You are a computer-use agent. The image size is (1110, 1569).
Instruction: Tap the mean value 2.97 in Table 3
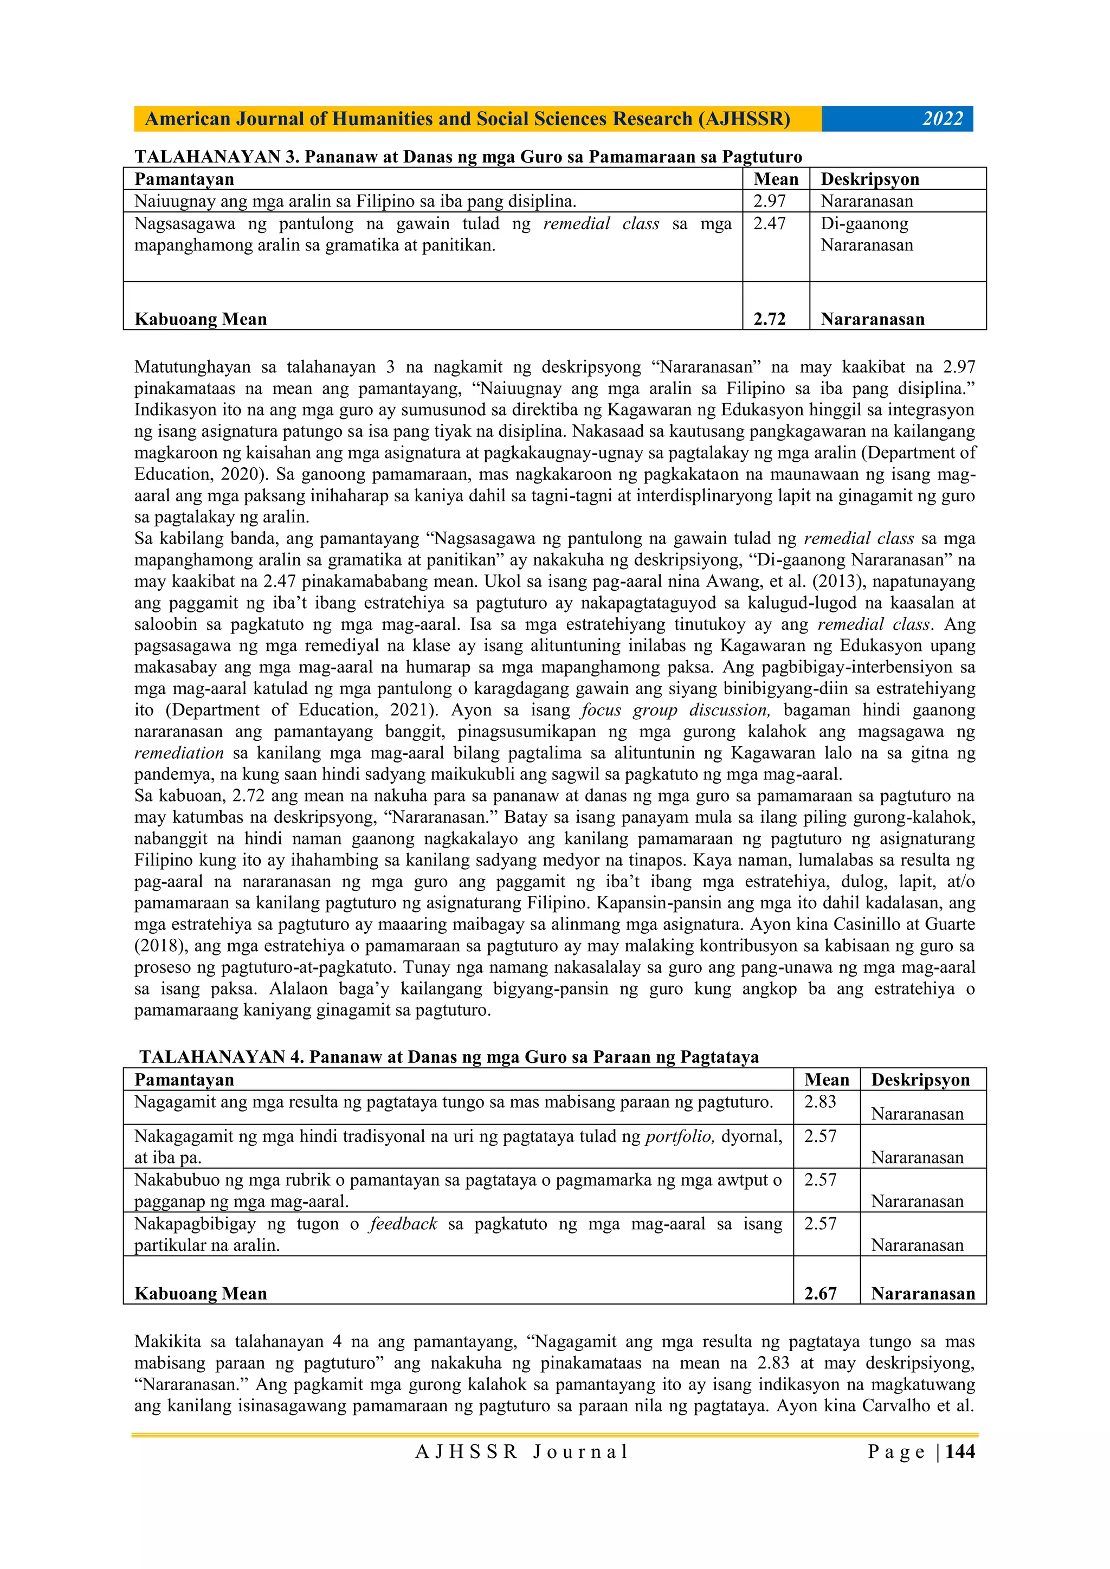pyautogui.click(x=770, y=202)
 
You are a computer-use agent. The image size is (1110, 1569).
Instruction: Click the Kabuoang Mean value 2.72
pyautogui.click(x=770, y=319)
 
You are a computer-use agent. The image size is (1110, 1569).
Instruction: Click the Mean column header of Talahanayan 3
pyautogui.click(x=776, y=179)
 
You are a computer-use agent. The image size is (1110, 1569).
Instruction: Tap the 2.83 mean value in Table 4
pyautogui.click(x=820, y=1102)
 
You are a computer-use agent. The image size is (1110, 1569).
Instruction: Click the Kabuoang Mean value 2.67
pyautogui.click(x=820, y=1294)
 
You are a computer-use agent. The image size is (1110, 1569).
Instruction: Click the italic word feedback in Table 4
pyautogui.click(x=403, y=1224)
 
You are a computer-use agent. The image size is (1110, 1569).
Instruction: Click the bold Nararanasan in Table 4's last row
pyautogui.click(x=922, y=1294)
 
